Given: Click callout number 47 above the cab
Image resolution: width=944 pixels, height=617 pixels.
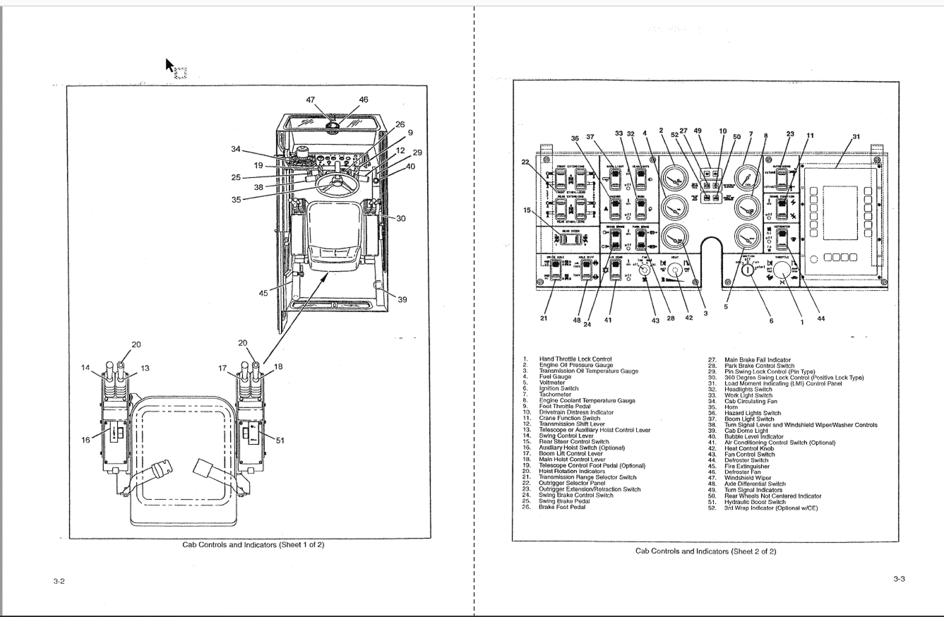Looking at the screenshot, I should coord(311,100).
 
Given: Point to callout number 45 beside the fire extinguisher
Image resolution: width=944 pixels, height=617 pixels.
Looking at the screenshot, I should coord(263,293).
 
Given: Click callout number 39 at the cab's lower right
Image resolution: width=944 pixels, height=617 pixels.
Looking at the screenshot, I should coord(402,299).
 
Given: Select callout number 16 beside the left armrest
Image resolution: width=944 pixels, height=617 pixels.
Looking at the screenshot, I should coord(86,439).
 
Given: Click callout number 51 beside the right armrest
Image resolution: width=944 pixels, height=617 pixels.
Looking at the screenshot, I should coord(280,440).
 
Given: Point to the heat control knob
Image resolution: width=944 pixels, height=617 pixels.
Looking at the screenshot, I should coord(674,270).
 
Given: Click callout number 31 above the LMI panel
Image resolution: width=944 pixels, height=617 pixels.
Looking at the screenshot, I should coord(856,137).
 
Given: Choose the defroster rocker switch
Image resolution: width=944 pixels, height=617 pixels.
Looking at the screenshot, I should coord(782,238).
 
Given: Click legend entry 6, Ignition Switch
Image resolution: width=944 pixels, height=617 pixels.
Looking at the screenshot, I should coord(558,388).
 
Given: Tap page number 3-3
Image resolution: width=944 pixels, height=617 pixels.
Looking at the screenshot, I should coord(899,579).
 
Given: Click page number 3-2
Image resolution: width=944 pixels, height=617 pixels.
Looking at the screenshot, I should coord(59,581).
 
